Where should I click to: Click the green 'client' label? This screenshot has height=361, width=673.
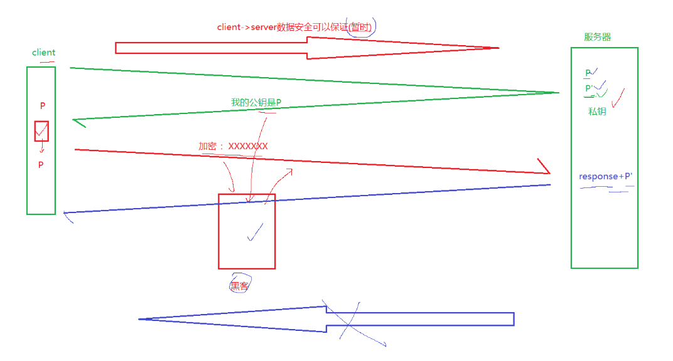pos(43,53)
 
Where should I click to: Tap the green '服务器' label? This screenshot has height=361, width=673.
pos(597,37)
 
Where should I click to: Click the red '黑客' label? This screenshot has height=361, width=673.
pos(239,286)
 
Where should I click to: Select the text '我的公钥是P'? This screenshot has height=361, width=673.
pos(256,102)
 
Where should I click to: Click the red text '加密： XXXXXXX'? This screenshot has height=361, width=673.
pos(233,146)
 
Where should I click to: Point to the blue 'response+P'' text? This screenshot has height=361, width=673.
pos(605,177)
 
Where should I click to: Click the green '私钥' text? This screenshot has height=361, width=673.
pos(597,112)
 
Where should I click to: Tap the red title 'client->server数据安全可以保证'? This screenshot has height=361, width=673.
pos(283,27)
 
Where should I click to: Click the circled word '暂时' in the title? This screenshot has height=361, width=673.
pos(362,27)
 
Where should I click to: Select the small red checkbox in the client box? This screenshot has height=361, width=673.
pos(41,131)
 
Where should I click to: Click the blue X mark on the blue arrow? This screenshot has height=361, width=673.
pos(347,321)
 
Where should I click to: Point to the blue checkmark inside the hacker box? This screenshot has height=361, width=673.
pos(256,233)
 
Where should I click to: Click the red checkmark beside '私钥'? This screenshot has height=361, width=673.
pos(618,99)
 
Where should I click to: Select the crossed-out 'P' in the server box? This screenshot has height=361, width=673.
pos(589,73)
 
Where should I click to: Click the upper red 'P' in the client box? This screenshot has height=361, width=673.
pos(43,106)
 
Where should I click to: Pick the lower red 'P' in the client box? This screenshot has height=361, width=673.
pos(41,165)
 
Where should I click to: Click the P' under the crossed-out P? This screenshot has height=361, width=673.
pos(590,88)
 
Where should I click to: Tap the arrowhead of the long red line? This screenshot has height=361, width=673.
pos(545,170)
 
